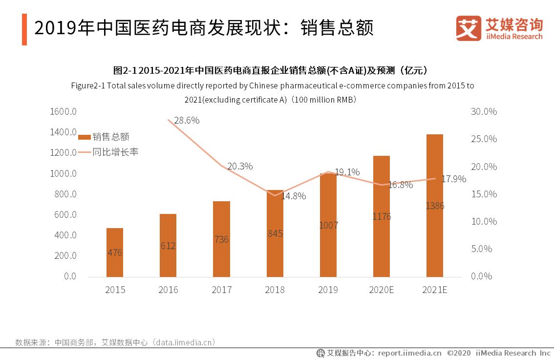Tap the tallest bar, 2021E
[x=435, y=205]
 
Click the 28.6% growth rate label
[x=187, y=121]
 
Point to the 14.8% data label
[x=293, y=196]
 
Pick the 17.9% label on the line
[x=454, y=179]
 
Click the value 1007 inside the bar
[x=328, y=225]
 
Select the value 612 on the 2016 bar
[x=168, y=246]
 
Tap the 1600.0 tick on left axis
[x=64, y=112]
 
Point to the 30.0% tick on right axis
[x=484, y=112]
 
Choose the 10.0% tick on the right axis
[x=484, y=221]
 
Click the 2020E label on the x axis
[x=382, y=290]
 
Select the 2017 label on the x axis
[x=222, y=290]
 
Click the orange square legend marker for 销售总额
[x=84, y=137]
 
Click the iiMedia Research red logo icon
[x=469, y=28]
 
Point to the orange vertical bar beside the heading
[x=24, y=29]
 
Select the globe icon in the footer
[x=320, y=353]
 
